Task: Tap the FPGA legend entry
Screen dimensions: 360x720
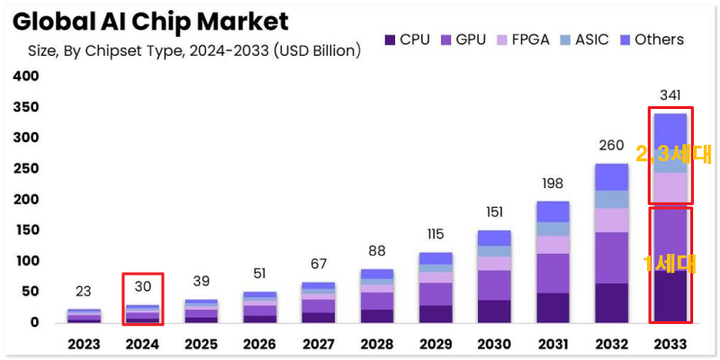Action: tap(527, 40)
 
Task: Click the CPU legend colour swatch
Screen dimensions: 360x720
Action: tap(390, 40)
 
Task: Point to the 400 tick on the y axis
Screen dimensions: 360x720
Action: tap(27, 76)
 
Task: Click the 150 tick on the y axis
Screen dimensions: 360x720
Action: tap(27, 230)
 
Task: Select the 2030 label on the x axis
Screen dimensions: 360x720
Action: tap(493, 345)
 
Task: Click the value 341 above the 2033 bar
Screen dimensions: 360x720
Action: tap(670, 95)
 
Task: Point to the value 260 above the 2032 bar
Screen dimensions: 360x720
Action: tap(612, 146)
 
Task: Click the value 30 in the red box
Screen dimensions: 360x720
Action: tap(143, 286)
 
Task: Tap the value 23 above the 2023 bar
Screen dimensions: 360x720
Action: tap(83, 291)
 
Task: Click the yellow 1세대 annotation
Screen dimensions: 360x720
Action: tap(670, 264)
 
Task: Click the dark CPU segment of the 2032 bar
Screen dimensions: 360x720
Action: tap(612, 303)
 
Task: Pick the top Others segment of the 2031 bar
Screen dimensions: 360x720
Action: tap(553, 211)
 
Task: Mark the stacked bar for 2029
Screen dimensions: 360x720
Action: tap(435, 287)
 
